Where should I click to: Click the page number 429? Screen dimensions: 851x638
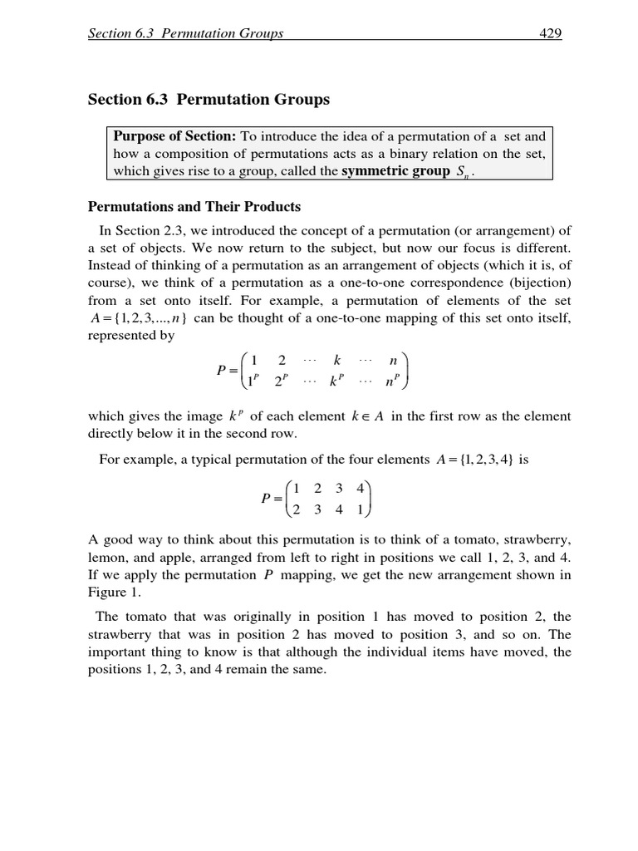pyautogui.click(x=549, y=33)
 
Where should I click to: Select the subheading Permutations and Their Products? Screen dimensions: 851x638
pyautogui.click(x=194, y=206)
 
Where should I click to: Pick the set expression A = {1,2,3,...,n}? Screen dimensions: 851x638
pyautogui.click(x=137, y=318)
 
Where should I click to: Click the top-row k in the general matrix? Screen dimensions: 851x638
pyautogui.click(x=336, y=360)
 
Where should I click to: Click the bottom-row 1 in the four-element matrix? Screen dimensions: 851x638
pyautogui.click(x=360, y=510)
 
